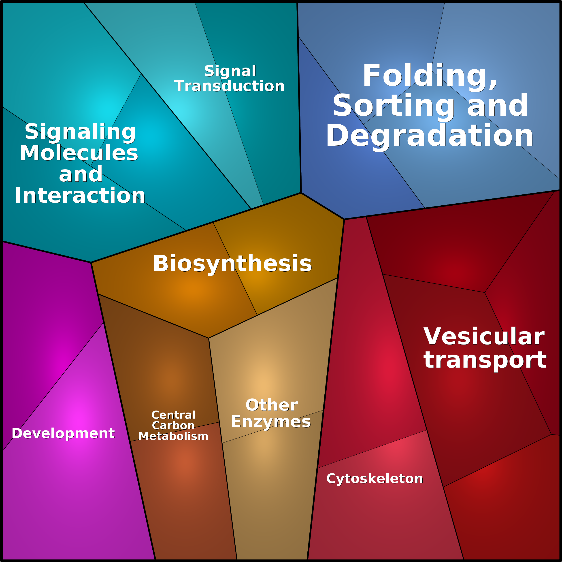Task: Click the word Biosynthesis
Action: tap(232, 264)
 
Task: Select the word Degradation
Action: tap(429, 136)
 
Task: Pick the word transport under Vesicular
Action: tap(485, 360)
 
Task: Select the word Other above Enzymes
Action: tap(271, 405)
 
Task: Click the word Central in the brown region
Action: tap(173, 415)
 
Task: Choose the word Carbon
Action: tap(173, 426)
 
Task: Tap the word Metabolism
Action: tap(173, 436)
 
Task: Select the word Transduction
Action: tap(229, 86)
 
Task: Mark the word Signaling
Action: tap(80, 132)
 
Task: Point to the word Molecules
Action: tap(79, 153)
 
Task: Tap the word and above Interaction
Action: tap(81, 175)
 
